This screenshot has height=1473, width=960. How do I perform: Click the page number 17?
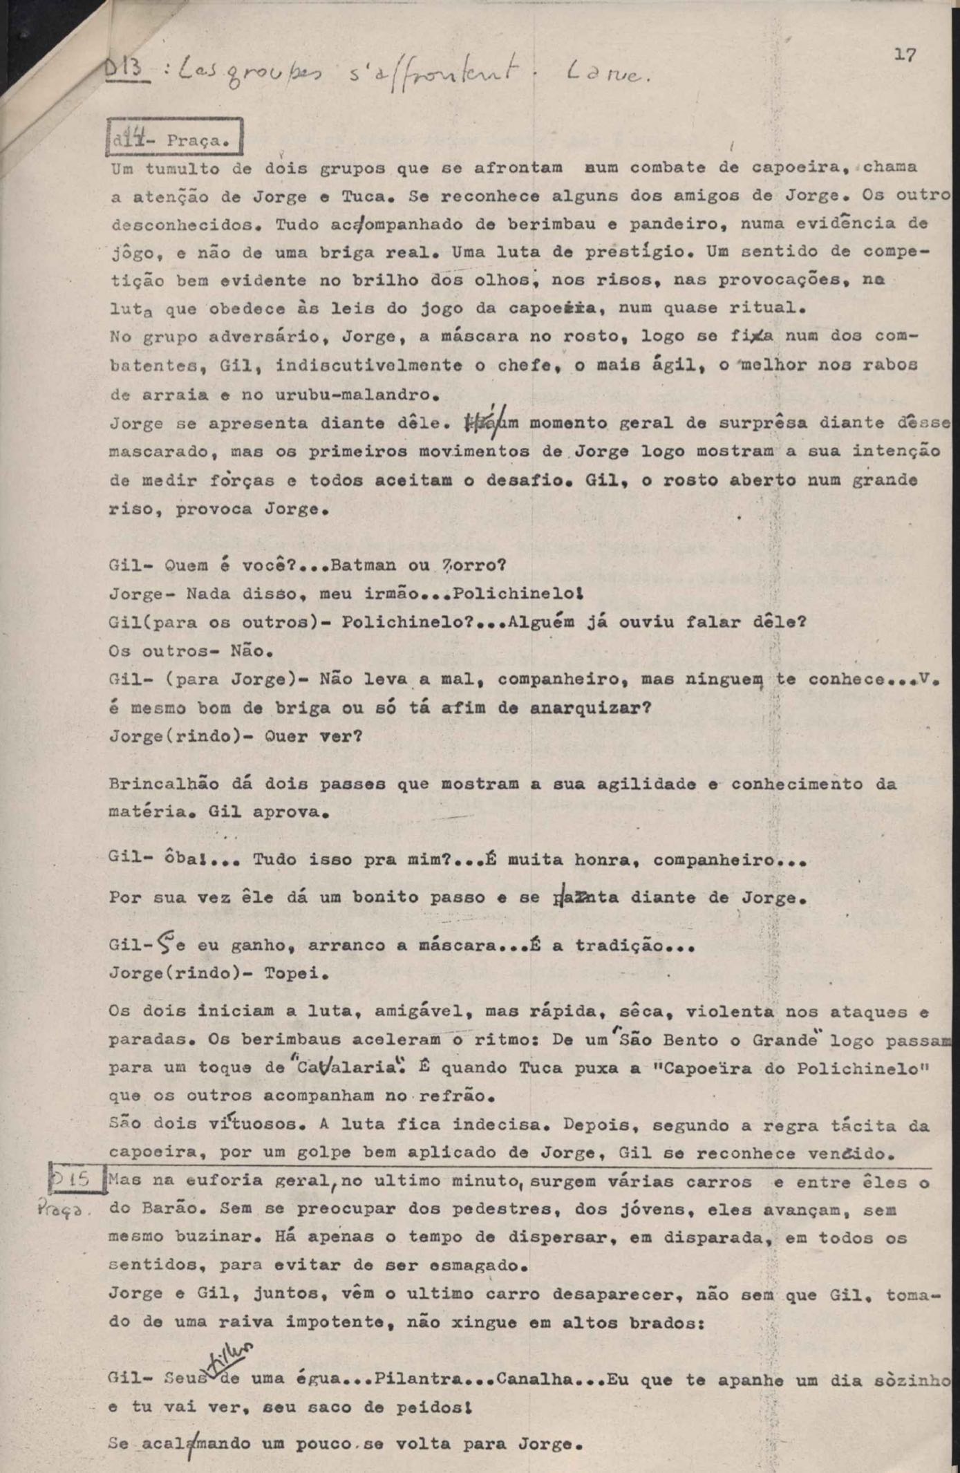tap(905, 55)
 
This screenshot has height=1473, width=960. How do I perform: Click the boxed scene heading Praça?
tap(175, 139)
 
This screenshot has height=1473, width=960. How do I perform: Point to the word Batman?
tap(363, 565)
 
